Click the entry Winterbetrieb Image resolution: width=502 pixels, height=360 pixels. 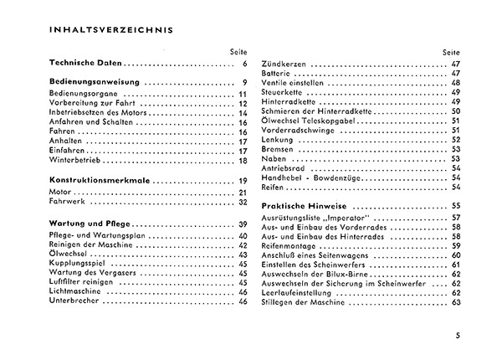point(71,161)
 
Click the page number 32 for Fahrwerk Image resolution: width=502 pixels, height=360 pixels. point(243,202)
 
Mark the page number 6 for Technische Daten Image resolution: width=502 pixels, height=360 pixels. point(245,64)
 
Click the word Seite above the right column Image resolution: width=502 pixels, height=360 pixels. point(451,51)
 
